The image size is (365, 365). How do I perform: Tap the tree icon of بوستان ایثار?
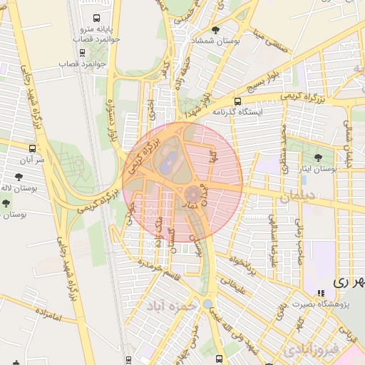[x=318, y=158]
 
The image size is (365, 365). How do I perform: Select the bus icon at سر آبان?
[x=31, y=148]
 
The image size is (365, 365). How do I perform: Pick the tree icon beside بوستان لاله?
[x=19, y=176]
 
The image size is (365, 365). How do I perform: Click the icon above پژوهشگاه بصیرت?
[x=322, y=292]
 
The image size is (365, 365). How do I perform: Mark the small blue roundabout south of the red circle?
[x=207, y=304]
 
